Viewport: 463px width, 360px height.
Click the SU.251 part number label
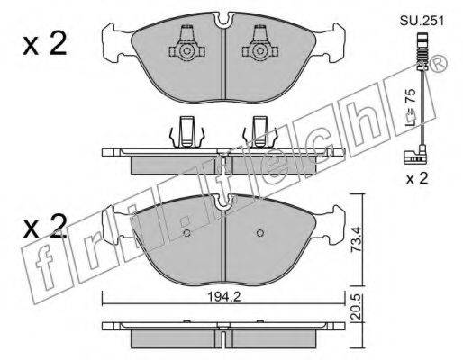(422, 21)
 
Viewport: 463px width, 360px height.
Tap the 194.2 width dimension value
(224, 297)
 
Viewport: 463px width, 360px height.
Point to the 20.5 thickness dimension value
(355, 307)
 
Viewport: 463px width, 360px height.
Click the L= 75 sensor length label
(410, 107)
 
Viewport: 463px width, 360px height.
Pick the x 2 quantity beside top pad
(45, 45)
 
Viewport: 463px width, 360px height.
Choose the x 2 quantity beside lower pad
(45, 227)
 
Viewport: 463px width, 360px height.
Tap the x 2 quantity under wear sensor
(417, 179)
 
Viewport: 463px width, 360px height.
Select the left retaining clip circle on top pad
(186, 51)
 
